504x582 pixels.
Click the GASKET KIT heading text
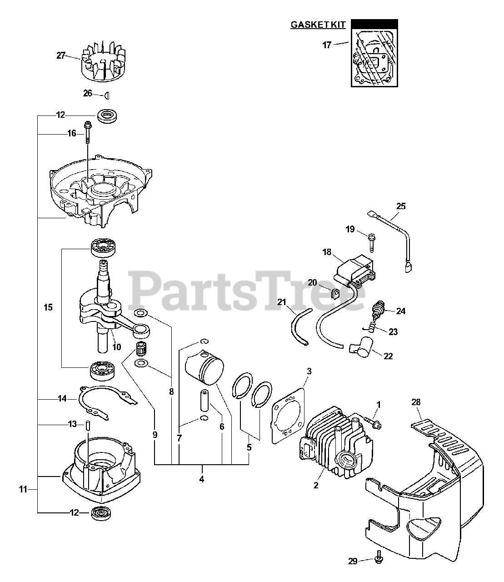[x=318, y=25]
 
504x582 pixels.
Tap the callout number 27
[x=61, y=55]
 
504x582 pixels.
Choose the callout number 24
[x=400, y=311]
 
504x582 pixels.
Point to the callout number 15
[x=48, y=307]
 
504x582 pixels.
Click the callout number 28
[x=416, y=402]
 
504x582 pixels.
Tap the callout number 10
[x=117, y=347]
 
